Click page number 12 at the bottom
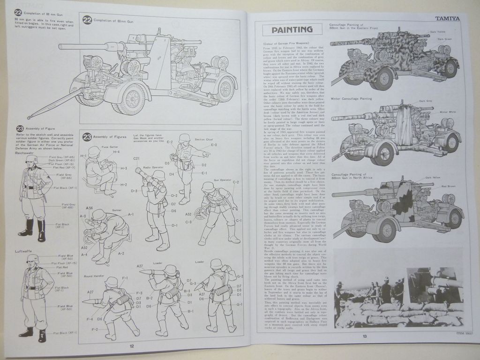coord(132,346)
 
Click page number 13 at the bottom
coord(364,335)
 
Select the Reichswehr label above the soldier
coord(24,153)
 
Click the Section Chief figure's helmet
coord(185,138)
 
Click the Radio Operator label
coord(153,167)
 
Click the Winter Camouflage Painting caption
coord(351,98)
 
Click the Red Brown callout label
coord(448,186)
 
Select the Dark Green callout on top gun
coord(445,39)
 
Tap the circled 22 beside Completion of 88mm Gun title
coord(87,20)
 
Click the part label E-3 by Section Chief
coord(214,145)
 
